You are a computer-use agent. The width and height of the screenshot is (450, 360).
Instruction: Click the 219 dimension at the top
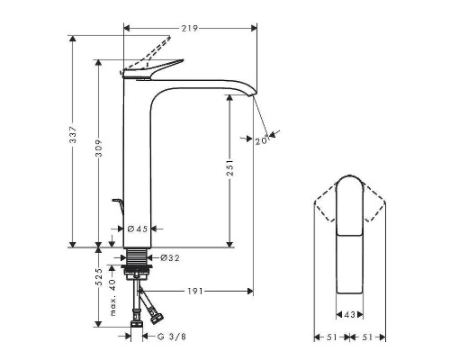pos(189,29)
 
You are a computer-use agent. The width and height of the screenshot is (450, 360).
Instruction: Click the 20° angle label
pos(262,139)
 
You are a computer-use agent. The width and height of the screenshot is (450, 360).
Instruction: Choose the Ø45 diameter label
pos(137,229)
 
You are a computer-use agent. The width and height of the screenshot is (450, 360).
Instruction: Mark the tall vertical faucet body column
pos(138,162)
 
